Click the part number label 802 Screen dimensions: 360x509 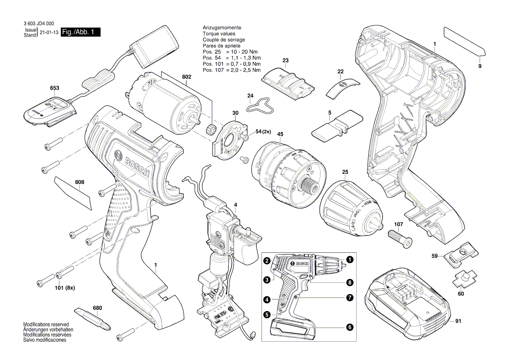point(186,77)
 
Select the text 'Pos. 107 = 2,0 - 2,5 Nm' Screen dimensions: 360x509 point(231,70)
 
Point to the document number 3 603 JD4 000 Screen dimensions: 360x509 point(40,25)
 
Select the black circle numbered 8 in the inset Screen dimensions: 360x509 point(350,282)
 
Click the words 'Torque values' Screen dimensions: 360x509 point(219,34)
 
